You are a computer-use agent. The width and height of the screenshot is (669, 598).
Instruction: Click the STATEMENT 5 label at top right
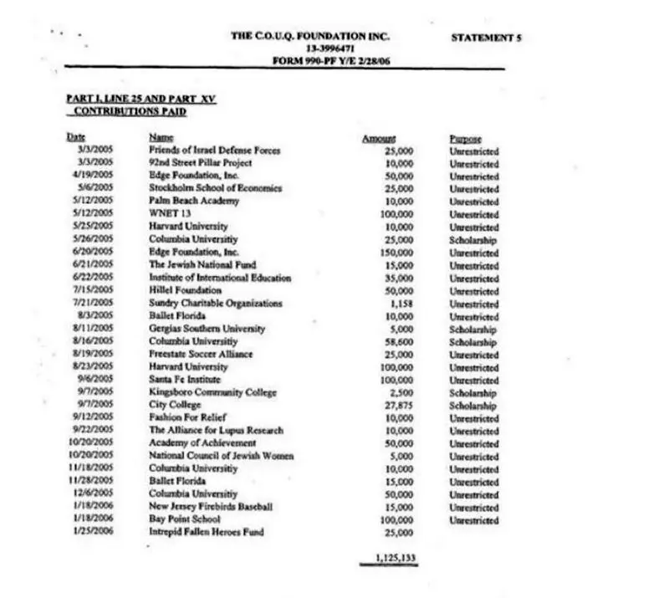click(x=486, y=38)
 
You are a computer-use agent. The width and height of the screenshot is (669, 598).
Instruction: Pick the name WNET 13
click(x=166, y=214)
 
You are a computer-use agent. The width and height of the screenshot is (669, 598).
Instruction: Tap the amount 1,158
click(x=402, y=303)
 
